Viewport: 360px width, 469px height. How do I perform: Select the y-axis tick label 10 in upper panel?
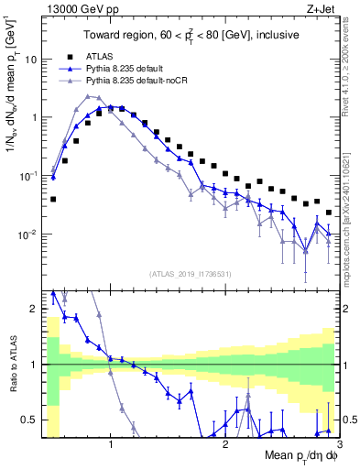(29, 59)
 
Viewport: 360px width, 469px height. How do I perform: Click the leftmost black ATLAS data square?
(53, 198)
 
